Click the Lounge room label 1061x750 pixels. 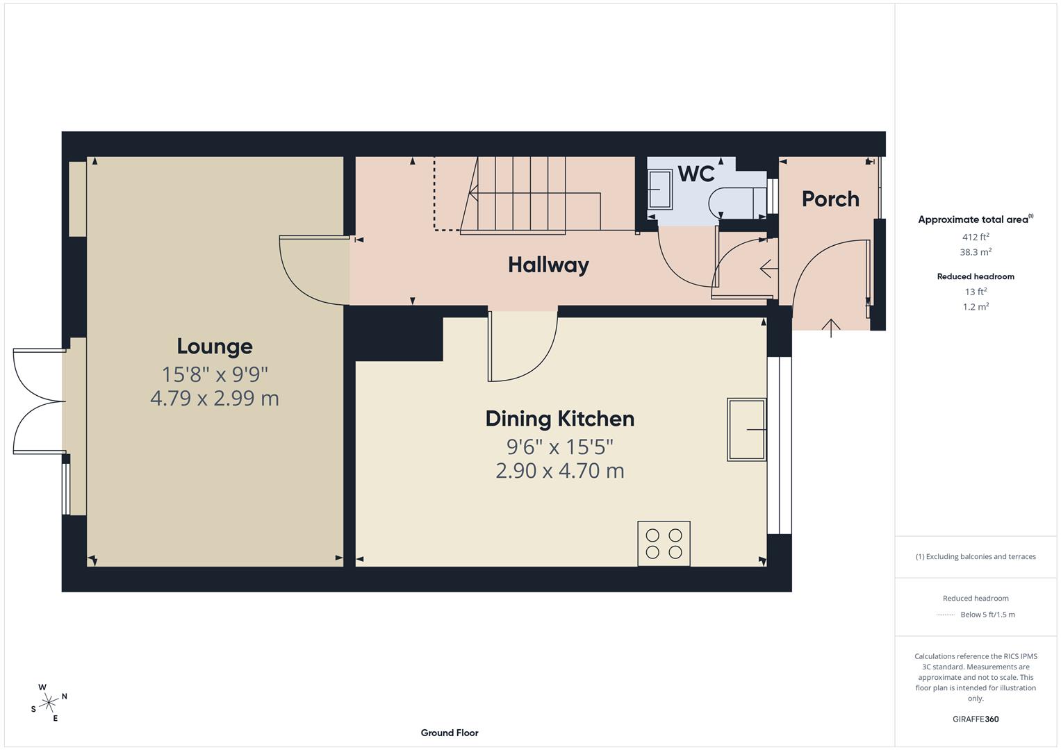point(215,346)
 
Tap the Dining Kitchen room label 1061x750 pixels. point(559,419)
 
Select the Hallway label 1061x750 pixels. point(548,265)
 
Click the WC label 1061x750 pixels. point(696,174)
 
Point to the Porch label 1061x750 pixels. point(830,199)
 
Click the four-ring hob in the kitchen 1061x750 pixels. point(664,543)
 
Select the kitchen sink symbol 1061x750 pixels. point(747,429)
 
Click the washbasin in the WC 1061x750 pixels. point(661,190)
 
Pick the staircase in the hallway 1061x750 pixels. point(532,194)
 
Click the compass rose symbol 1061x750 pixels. point(49,703)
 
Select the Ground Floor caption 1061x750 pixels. point(450,733)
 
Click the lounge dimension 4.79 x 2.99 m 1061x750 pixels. point(215,398)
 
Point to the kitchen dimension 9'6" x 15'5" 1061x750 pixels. point(559,446)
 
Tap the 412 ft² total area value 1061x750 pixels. point(976,237)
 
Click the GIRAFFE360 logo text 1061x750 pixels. point(976,719)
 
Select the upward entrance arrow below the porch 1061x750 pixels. point(831,327)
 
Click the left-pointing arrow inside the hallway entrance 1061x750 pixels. point(766,267)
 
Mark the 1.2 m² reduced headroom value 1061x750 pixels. point(976,306)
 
